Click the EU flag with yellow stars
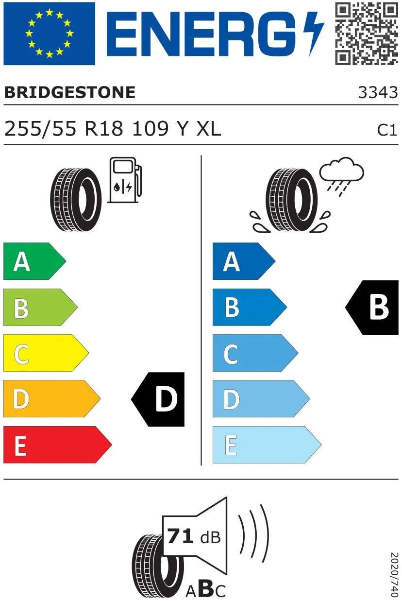pyautogui.click(x=50, y=34)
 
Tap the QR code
pyautogui.click(x=367, y=34)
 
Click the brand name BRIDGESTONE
pyautogui.click(x=70, y=92)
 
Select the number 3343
pyautogui.click(x=378, y=92)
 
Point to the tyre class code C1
pyautogui.click(x=387, y=130)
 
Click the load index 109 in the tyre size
pyautogui.click(x=151, y=129)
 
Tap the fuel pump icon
pyautogui.click(x=125, y=180)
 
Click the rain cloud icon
pyautogui.click(x=341, y=176)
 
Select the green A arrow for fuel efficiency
pyautogui.click(x=34, y=261)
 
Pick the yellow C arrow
pyautogui.click(x=46, y=353)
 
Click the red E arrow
pyautogui.click(x=58, y=445)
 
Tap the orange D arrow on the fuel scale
pyautogui.click(x=52, y=399)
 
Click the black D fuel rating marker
pyautogui.click(x=158, y=399)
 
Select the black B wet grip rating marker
pyautogui.click(x=372, y=308)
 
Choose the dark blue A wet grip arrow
pyautogui.click(x=244, y=261)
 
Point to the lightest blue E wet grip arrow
pyautogui.click(x=267, y=445)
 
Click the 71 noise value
pyautogui.click(x=180, y=536)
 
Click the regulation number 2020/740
pyautogui.click(x=395, y=574)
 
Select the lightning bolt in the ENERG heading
pyautogui.click(x=314, y=34)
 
